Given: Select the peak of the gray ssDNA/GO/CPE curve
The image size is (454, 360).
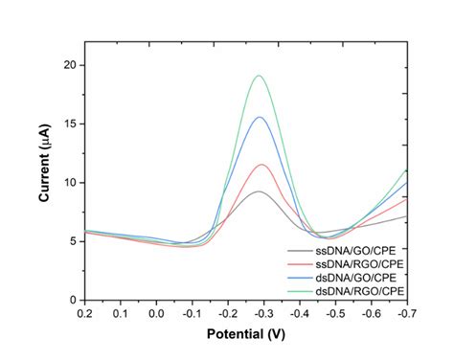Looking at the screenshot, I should click(x=259, y=191).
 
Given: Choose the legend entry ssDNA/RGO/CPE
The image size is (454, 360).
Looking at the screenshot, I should click(x=350, y=260).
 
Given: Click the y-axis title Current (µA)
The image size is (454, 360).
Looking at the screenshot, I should click(x=44, y=171).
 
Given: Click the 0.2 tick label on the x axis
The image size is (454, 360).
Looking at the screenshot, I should click(x=84, y=313).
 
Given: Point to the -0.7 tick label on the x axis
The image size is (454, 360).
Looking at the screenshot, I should click(x=406, y=313).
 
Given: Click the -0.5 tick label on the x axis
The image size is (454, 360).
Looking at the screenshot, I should click(x=334, y=313).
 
